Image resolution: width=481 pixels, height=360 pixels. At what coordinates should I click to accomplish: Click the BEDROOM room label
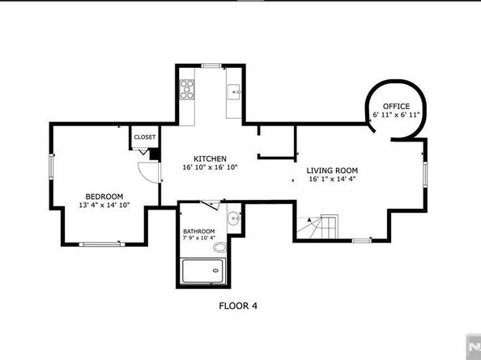coord(104,197)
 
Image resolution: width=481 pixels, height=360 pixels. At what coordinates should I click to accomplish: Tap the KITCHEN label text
coord(210,159)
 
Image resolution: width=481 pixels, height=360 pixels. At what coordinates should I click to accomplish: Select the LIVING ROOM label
coord(332,171)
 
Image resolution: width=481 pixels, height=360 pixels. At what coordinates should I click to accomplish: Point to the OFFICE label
coord(396,107)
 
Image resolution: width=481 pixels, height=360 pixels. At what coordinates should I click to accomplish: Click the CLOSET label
coord(145,138)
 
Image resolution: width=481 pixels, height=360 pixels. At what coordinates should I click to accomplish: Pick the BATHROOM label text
coord(198,231)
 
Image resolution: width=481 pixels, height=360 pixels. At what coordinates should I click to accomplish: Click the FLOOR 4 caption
coord(238,306)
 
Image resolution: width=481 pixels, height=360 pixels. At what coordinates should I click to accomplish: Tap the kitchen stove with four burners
coord(187,89)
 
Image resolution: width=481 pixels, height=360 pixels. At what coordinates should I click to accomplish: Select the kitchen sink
coord(234,91)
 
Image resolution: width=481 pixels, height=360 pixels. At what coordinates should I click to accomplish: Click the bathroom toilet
coord(220,247)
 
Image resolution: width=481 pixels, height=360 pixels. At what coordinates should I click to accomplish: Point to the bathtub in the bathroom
coord(204,271)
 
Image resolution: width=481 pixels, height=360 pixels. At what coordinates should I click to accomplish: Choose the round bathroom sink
coord(234,218)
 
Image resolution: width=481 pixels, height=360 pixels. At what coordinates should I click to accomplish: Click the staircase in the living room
coord(317,227)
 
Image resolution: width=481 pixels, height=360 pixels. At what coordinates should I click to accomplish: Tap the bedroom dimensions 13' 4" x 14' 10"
coord(104,205)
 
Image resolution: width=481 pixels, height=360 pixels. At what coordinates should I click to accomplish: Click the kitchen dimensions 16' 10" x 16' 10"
coord(210,167)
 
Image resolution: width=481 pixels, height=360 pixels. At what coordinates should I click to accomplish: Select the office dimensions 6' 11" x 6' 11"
coord(396,115)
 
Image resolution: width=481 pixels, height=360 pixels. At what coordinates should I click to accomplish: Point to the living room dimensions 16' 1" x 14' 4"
coord(332,180)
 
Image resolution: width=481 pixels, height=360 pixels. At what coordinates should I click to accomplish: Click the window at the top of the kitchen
coord(211,66)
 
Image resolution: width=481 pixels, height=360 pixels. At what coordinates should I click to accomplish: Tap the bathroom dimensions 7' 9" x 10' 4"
coord(198,238)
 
